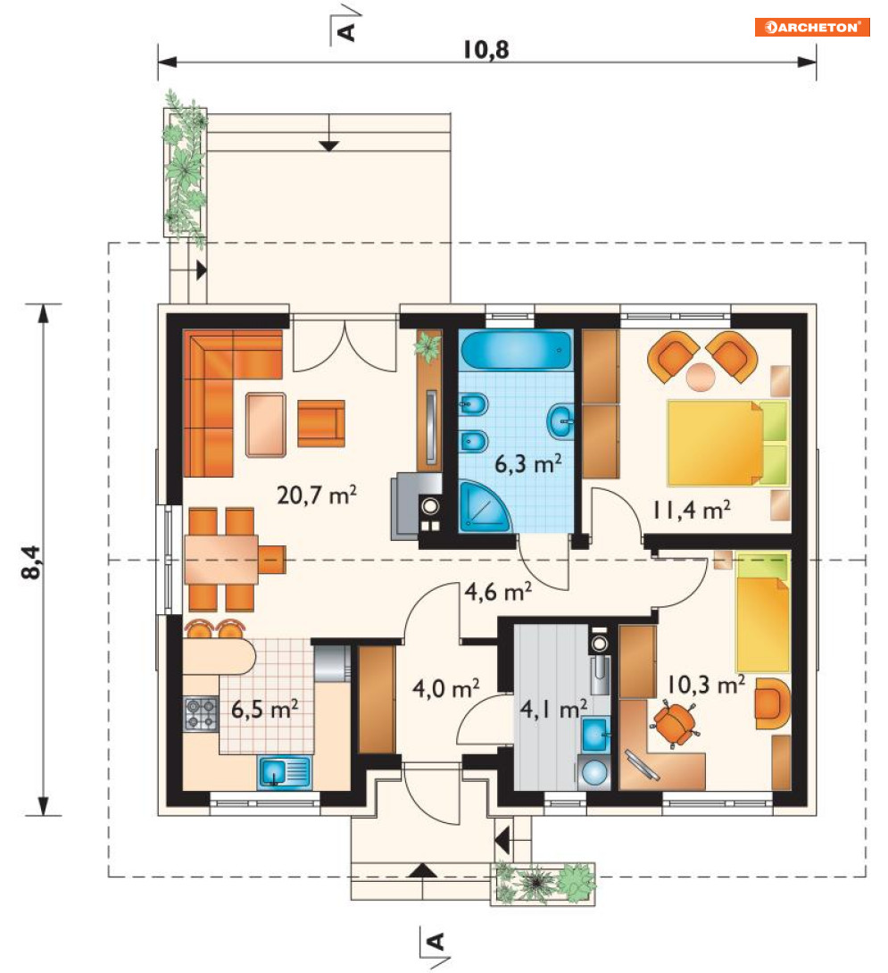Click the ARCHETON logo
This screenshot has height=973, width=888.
coord(811,28)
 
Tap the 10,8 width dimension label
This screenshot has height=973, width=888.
coord(485,50)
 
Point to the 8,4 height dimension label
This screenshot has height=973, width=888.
coord(31,562)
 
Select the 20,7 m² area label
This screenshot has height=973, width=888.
coord(317,495)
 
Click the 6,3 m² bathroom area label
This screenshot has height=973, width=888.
coord(528,463)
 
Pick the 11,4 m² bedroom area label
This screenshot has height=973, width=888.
coord(691,510)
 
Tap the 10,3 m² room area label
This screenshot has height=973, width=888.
coord(706,685)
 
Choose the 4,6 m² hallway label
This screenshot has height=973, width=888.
coord(498,591)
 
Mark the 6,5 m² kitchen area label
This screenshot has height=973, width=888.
coord(264,708)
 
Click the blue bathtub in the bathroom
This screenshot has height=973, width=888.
coord(517,351)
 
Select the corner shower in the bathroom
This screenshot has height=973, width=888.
coord(484,506)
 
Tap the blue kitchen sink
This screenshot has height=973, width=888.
coord(284,772)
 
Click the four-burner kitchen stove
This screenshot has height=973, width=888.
coord(201,713)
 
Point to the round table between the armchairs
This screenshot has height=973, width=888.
coord(701,377)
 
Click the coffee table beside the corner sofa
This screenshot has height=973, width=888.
coord(266,424)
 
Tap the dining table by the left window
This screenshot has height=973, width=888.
coord(221,559)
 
